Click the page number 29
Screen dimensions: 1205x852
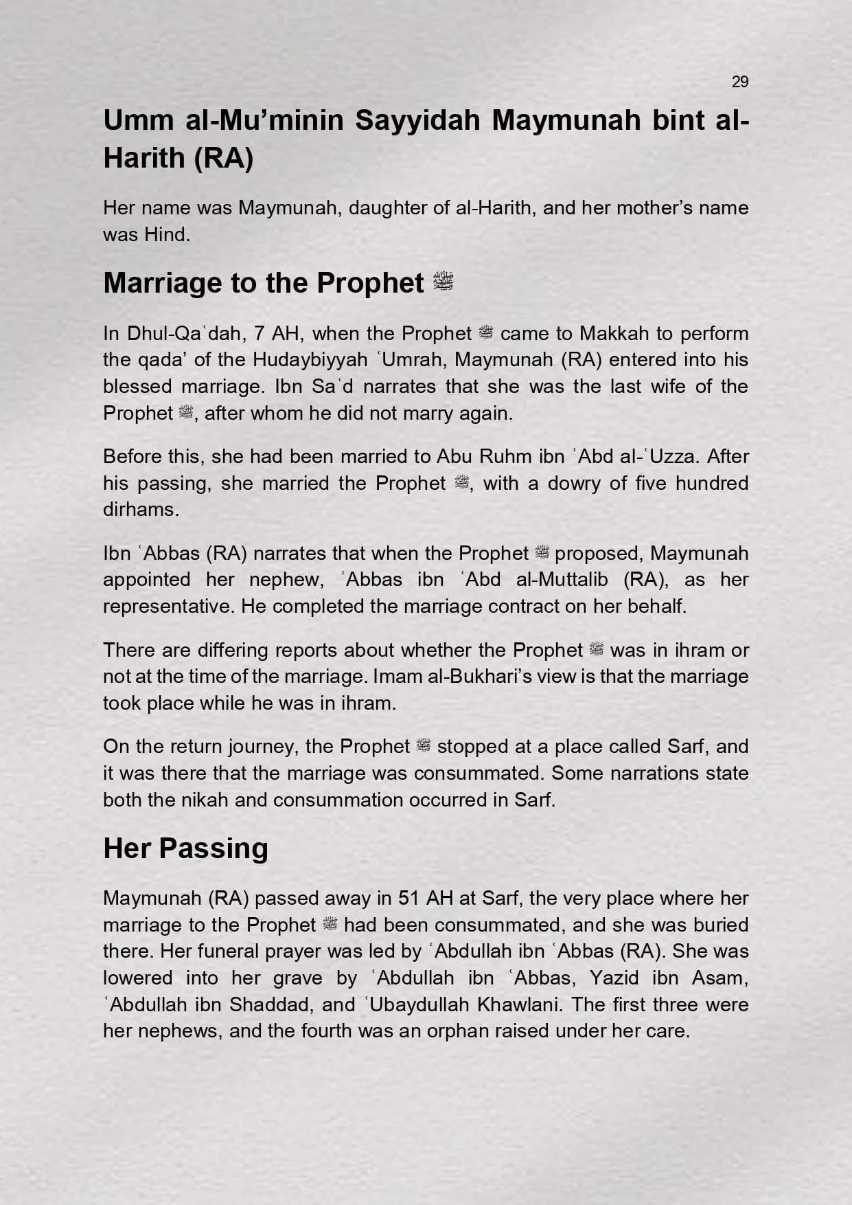click(739, 82)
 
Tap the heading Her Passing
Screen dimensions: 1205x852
click(185, 848)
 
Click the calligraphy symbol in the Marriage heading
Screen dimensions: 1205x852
click(444, 282)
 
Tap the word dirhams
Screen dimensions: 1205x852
click(141, 509)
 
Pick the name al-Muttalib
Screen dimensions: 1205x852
click(562, 579)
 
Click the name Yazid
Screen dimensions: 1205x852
click(614, 978)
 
